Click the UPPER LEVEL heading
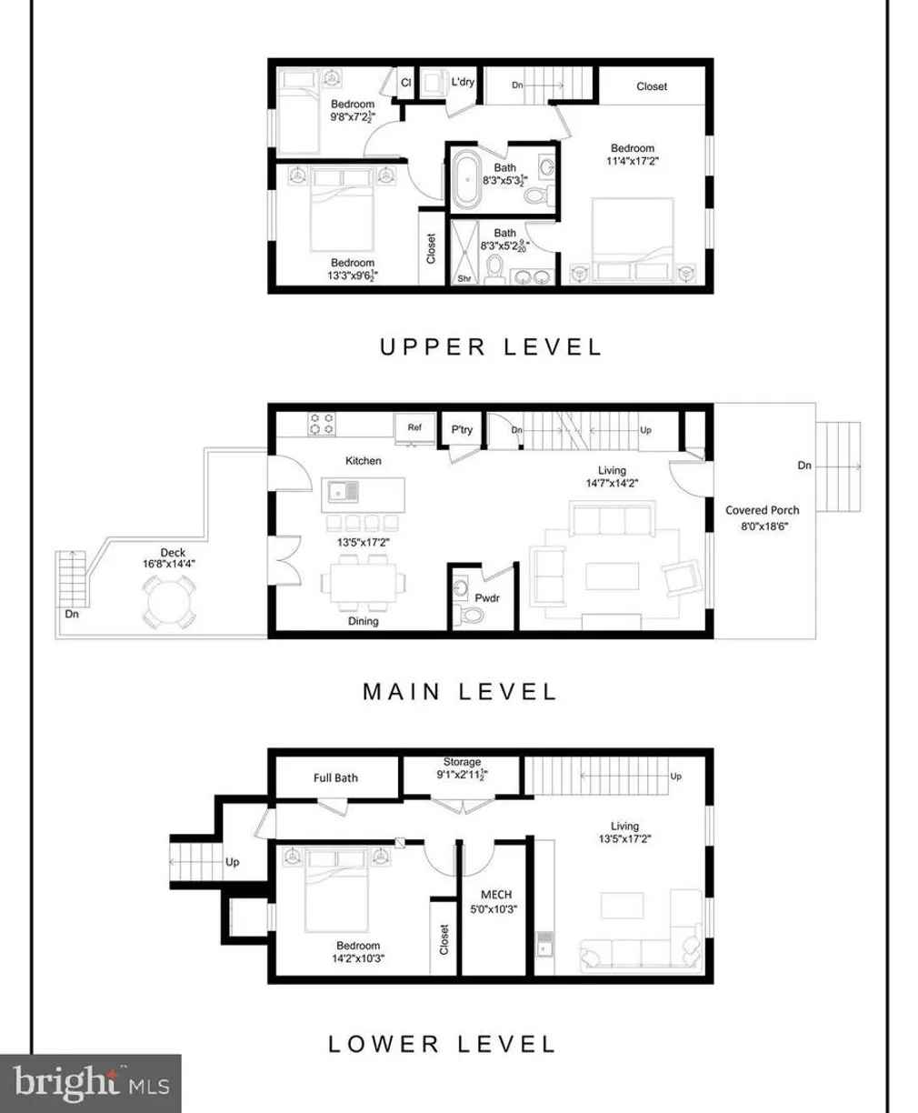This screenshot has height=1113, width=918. click(490, 346)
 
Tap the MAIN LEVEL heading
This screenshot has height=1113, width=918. click(459, 691)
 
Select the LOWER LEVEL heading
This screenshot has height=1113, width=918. click(441, 1043)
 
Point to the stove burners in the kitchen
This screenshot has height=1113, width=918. click(322, 423)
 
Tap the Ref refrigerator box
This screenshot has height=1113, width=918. click(414, 427)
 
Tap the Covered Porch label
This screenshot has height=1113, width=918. click(762, 510)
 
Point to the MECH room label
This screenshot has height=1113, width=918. click(495, 895)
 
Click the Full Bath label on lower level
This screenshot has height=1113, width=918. click(335, 777)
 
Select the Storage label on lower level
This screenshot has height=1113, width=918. click(462, 762)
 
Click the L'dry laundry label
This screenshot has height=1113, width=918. click(462, 82)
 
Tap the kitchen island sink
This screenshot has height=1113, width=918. click(342, 492)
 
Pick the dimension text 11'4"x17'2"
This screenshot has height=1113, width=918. click(632, 161)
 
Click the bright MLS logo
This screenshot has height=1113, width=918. click(91, 1083)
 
